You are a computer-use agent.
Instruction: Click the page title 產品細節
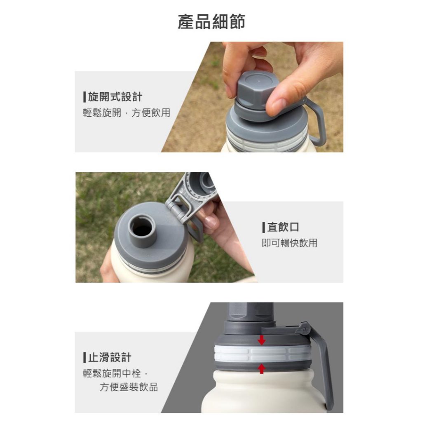click(x=211, y=21)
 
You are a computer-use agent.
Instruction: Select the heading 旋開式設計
click(x=115, y=97)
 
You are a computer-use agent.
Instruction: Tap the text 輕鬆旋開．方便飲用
click(x=127, y=113)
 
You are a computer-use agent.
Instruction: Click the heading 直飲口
click(x=283, y=227)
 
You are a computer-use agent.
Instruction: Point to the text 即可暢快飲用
click(x=290, y=243)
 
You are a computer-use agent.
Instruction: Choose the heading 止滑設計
click(x=110, y=357)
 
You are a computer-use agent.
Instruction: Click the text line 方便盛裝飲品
click(x=129, y=387)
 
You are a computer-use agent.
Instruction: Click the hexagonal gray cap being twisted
click(x=253, y=90)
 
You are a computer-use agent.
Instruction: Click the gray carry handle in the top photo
click(x=315, y=121)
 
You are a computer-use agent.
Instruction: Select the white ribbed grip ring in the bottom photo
click(x=263, y=354)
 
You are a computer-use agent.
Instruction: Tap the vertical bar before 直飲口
click(x=264, y=227)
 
